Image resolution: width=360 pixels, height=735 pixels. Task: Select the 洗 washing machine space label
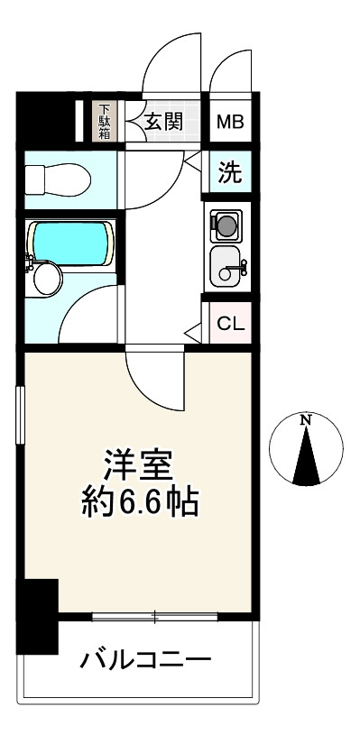pyautogui.click(x=232, y=173)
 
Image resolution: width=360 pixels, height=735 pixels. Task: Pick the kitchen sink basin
pyautogui.click(x=226, y=265)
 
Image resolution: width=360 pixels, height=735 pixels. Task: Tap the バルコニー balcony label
pyautogui.click(x=145, y=661)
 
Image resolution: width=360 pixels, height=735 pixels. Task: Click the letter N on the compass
pyautogui.click(x=306, y=420)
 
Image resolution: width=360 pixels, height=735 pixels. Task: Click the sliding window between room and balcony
pyautogui.click(x=154, y=618)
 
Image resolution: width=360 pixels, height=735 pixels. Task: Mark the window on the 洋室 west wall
pyautogui.click(x=21, y=414)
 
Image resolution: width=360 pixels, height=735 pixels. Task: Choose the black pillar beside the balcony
pyautogui.click(x=37, y=617)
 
